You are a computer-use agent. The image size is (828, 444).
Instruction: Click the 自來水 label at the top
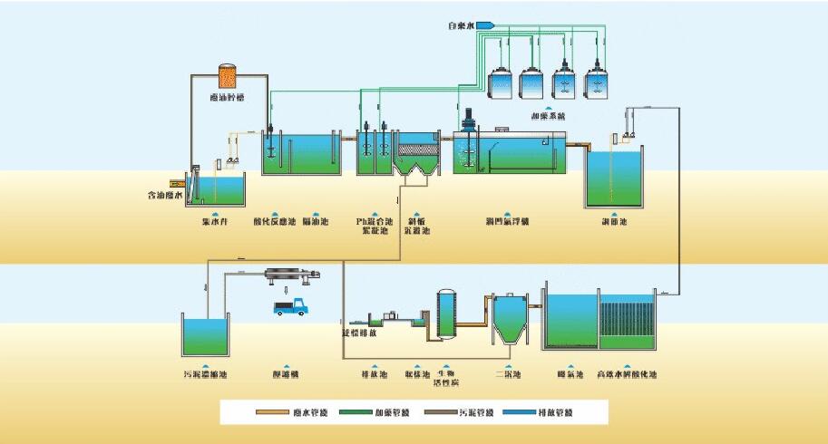463,24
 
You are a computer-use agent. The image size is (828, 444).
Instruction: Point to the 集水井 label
213,221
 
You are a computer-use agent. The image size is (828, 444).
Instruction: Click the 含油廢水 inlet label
165,195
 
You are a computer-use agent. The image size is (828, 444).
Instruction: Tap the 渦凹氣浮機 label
507,221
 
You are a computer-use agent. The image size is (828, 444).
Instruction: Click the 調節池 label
615,221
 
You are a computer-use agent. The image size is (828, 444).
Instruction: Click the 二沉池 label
505,374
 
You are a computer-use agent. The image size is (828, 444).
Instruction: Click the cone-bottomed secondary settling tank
504,321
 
